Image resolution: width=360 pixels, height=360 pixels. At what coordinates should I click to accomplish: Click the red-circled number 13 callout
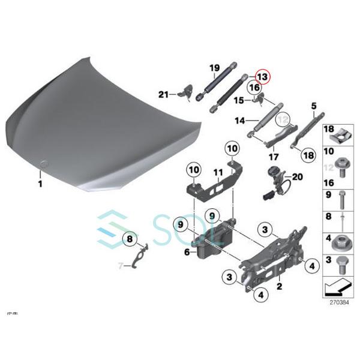262,77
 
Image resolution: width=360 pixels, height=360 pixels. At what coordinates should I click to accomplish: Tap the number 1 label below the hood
40,184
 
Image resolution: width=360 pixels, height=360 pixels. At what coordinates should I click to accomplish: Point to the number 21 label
163,94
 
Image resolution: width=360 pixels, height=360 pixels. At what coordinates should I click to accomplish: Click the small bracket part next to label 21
184,92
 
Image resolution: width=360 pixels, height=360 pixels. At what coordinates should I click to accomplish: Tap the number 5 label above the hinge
313,106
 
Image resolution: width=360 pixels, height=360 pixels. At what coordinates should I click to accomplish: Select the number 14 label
239,121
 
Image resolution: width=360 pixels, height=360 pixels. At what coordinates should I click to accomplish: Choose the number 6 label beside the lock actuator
187,253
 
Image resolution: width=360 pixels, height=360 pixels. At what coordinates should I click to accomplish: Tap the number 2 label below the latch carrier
278,287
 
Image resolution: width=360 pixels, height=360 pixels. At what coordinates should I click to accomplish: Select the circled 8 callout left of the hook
128,240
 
